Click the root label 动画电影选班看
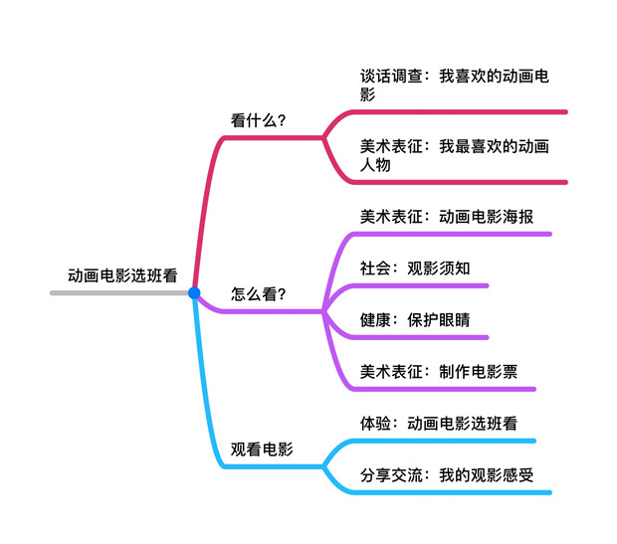coord(122,275)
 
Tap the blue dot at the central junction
coord(194,293)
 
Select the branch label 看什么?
coord(259,121)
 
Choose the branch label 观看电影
coord(262,450)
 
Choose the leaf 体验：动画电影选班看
coord(439,424)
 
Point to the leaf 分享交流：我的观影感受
coord(447,475)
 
